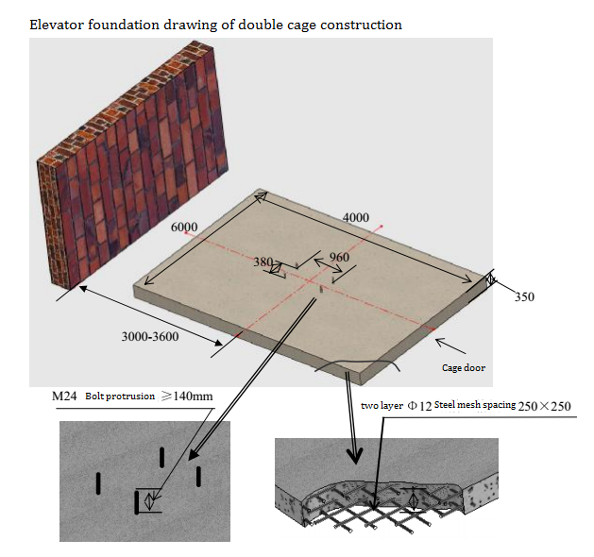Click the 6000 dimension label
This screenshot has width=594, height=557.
tap(184, 227)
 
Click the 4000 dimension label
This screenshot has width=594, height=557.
tap(356, 217)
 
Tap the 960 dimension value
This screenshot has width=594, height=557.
tap(339, 257)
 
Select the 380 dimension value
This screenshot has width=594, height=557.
tap(263, 262)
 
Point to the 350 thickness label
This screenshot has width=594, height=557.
tap(524, 296)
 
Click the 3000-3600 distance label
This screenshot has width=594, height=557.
tap(150, 336)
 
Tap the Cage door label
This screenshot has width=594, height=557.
tap(464, 367)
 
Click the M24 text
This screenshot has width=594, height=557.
tap(64, 397)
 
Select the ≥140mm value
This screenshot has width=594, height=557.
tap(187, 397)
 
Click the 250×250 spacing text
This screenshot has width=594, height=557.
tap(544, 406)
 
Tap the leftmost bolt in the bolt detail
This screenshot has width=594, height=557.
tap(98, 483)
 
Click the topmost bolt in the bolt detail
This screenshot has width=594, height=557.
tap(162, 457)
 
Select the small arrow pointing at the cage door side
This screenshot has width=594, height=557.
tap(450, 346)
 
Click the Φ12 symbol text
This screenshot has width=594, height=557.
tap(419, 406)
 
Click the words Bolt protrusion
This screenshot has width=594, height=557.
tap(120, 397)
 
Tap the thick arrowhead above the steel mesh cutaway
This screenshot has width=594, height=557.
tap(355, 456)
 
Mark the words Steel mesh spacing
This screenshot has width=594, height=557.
tap(475, 405)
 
